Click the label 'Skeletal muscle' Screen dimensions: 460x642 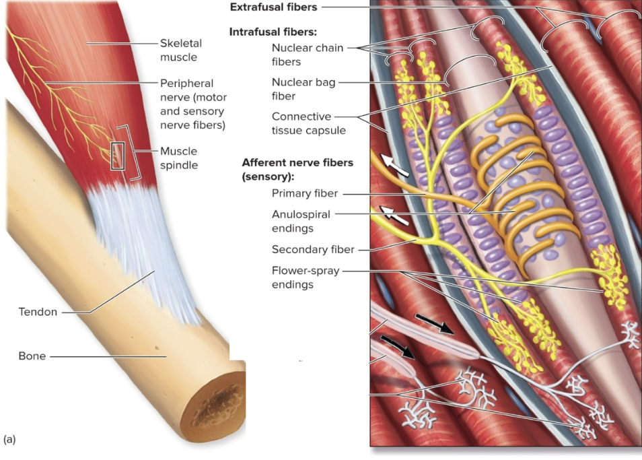(180, 50)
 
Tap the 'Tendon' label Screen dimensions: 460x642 (38, 312)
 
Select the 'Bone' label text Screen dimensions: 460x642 (32, 356)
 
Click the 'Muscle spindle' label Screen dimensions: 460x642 (178, 157)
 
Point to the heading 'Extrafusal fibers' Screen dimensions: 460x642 (273, 7)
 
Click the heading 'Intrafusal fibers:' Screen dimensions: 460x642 (273, 32)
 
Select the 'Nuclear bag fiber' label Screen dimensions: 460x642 (303, 89)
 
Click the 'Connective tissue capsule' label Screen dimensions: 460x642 (308, 123)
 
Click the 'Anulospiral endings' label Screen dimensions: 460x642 (301, 221)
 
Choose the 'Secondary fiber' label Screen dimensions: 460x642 (313, 249)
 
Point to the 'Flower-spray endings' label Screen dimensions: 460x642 (306, 277)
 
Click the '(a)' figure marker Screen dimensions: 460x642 (9, 439)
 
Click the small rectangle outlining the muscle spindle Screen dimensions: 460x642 (117, 156)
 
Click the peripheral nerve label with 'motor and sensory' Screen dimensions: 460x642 (192, 104)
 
